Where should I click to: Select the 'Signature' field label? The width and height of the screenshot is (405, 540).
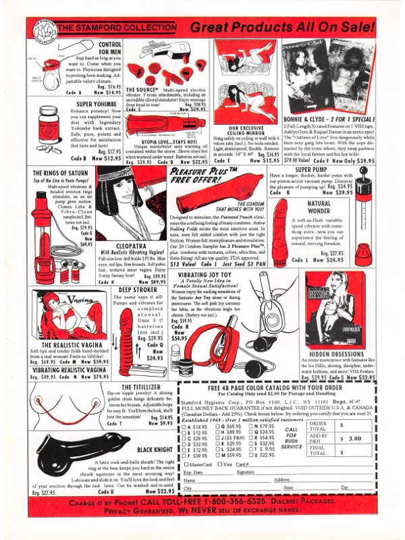(246, 473)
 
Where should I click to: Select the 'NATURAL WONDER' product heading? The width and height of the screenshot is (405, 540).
(319, 207)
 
